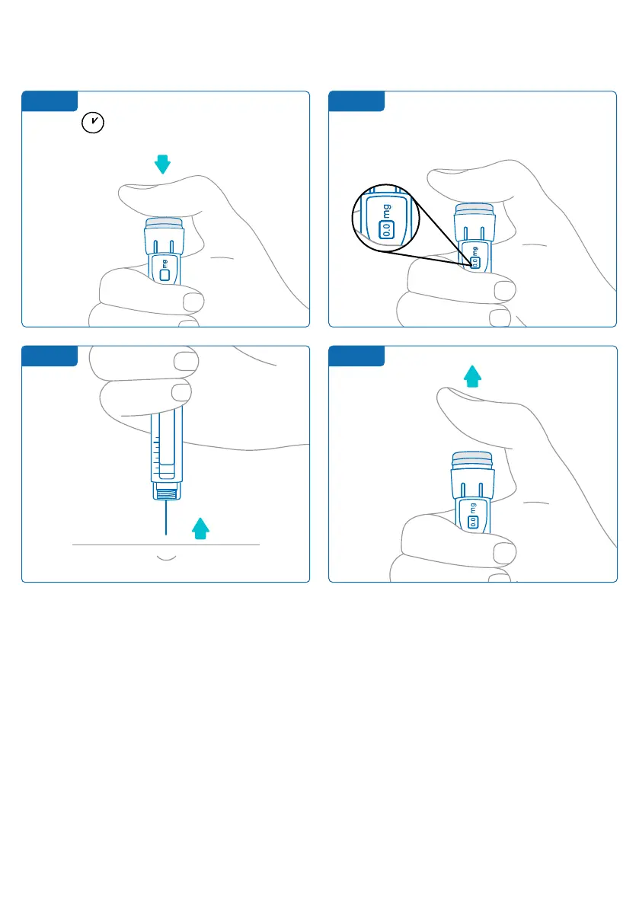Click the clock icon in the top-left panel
click(93, 123)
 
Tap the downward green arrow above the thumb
click(161, 162)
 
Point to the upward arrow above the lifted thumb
click(473, 375)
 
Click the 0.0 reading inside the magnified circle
click(385, 228)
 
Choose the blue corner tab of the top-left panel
click(50, 101)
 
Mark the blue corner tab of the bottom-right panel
click(356, 356)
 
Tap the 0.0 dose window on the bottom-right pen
click(472, 522)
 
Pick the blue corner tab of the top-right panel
click(356, 101)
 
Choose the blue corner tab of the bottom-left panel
click(50, 356)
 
